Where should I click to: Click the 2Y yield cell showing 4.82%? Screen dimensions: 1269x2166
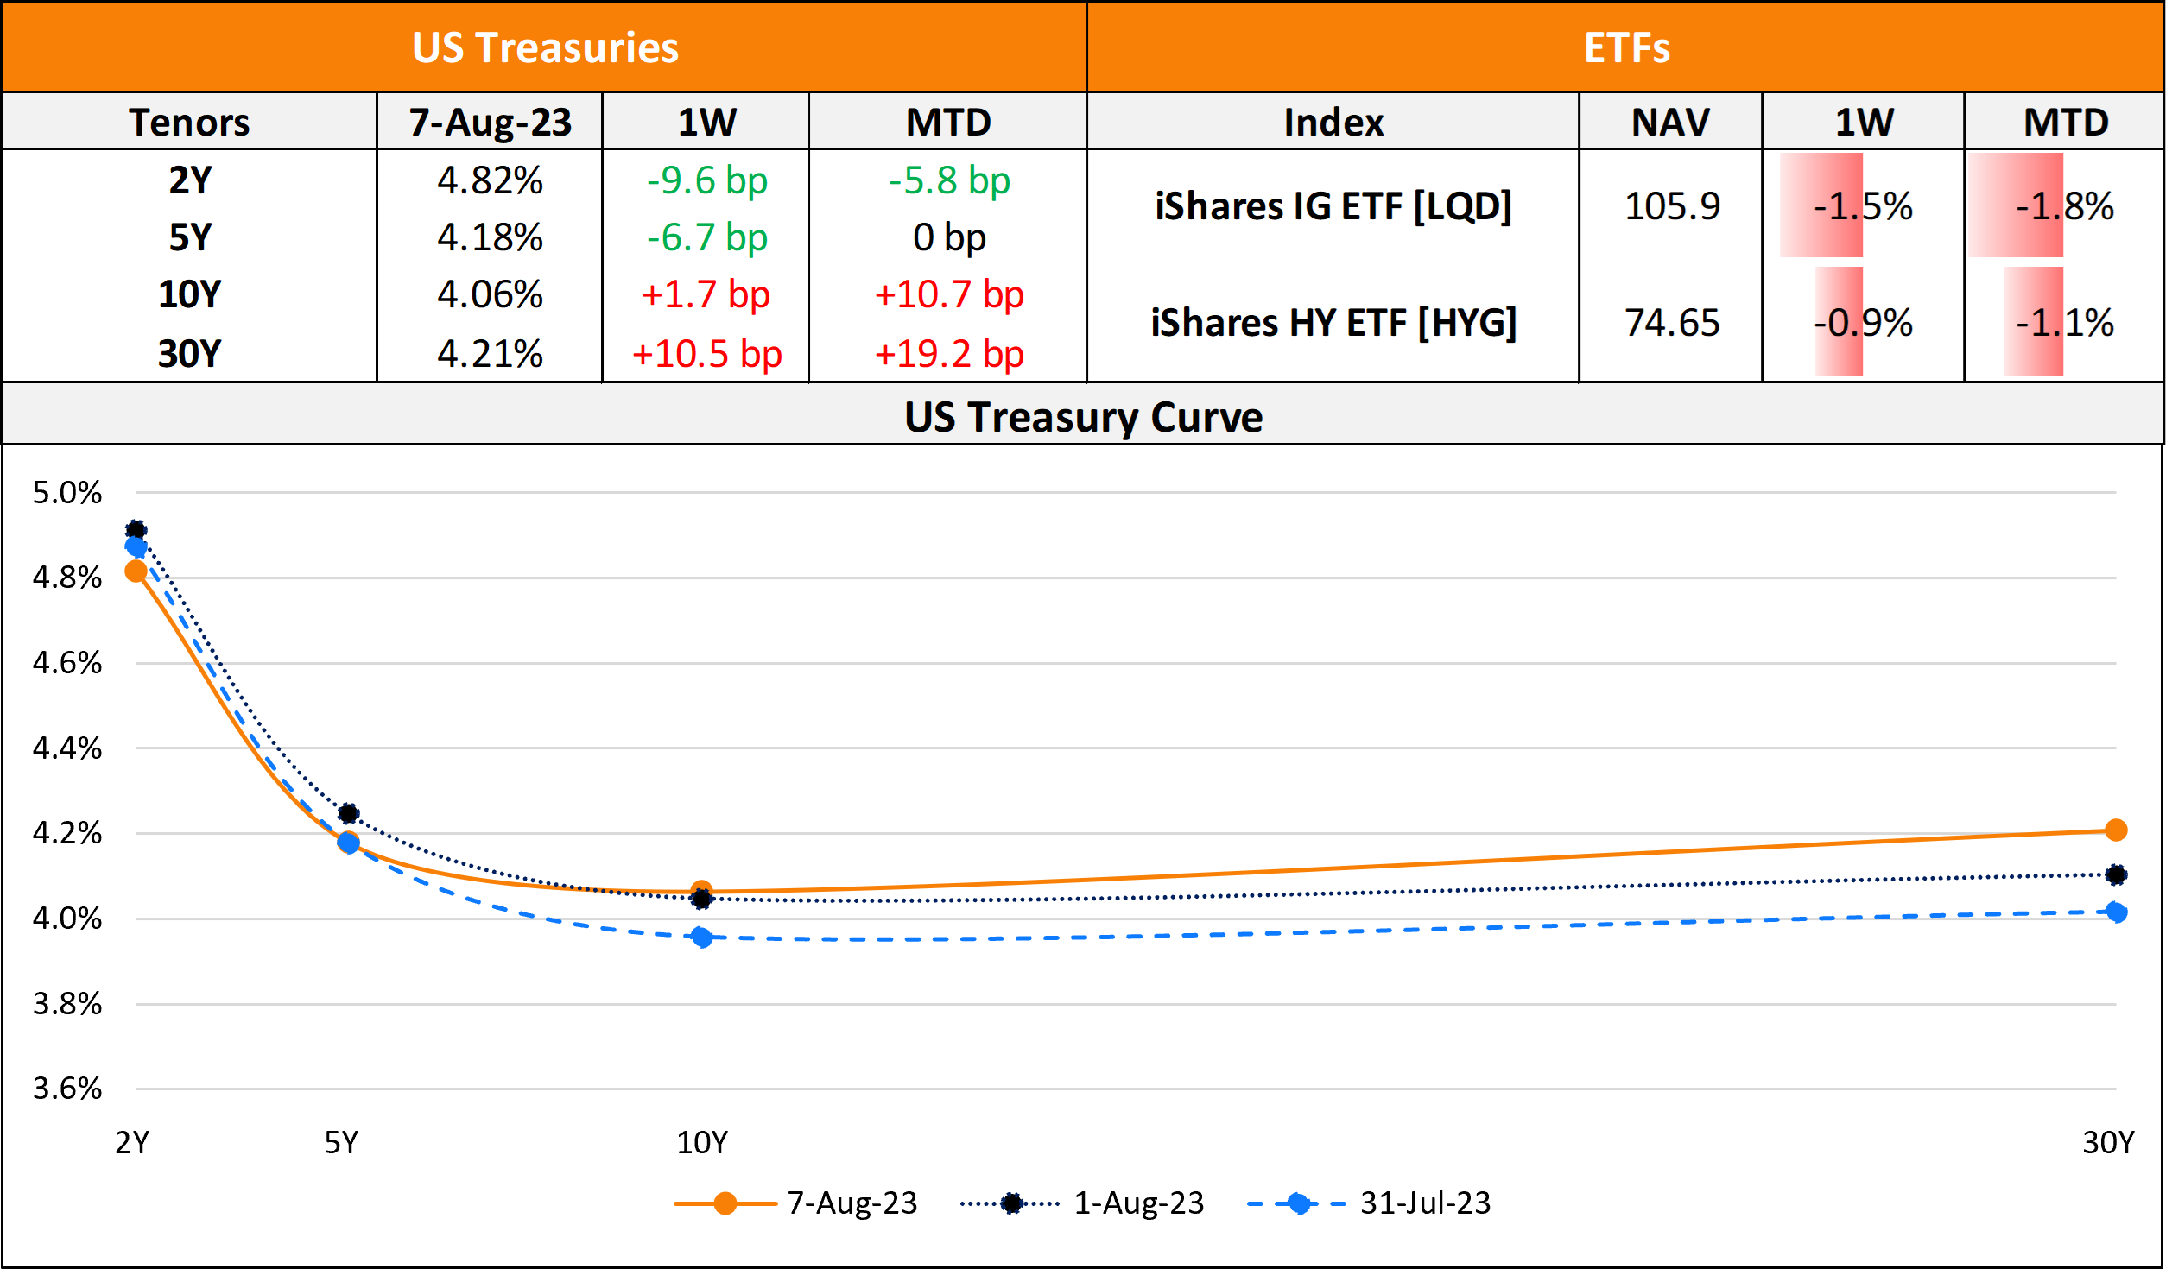(490, 180)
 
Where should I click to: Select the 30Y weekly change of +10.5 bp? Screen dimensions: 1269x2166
(706, 354)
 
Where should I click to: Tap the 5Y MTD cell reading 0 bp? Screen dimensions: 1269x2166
(948, 237)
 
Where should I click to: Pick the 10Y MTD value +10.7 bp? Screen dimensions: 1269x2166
(948, 294)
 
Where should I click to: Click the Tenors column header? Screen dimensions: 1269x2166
(189, 122)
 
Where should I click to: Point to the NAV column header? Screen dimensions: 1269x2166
(1670, 122)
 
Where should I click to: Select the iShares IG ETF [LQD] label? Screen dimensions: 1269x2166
(1333, 206)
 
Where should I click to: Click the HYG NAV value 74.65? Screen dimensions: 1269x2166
(1672, 323)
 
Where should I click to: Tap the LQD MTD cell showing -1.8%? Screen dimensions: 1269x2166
(2064, 206)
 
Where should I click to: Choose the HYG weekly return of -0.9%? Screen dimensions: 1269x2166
(1863, 323)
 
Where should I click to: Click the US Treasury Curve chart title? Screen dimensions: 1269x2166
(1083, 417)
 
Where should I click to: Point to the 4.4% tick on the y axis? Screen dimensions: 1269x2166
(67, 748)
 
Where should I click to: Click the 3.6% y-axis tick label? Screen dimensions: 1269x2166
(67, 1088)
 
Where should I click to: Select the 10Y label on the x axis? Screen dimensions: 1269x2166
(701, 1142)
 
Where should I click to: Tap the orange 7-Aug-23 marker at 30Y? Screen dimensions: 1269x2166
(2116, 830)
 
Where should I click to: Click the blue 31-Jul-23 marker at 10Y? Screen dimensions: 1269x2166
(702, 938)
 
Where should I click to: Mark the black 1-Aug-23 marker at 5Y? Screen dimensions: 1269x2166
(348, 813)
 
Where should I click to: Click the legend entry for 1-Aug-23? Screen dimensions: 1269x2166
(1138, 1203)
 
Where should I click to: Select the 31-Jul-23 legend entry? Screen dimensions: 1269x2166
(1425, 1203)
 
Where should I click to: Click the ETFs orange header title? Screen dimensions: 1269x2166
(1626, 47)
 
